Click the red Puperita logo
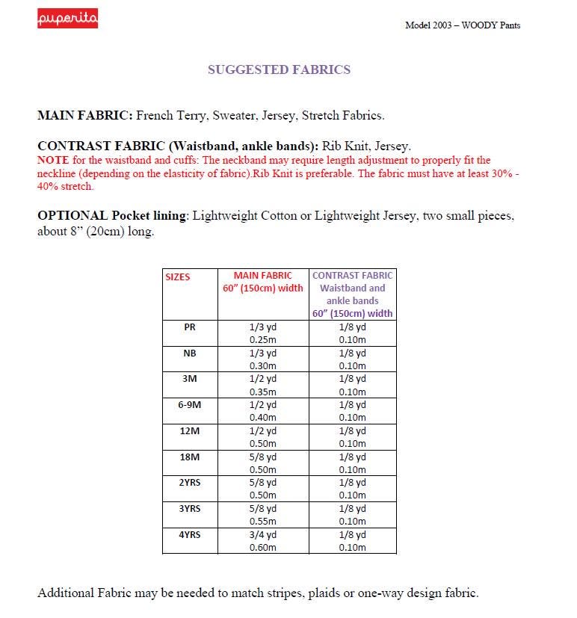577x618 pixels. click(68, 19)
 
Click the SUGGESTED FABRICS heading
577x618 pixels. click(279, 69)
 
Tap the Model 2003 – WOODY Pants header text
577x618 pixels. click(463, 25)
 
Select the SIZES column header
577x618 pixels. click(178, 276)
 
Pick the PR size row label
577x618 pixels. click(190, 327)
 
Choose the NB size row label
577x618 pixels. click(190, 353)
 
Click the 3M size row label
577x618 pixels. click(190, 379)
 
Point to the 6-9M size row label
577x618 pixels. click(190, 404)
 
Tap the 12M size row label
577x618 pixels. click(190, 430)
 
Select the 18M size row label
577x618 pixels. click(190, 457)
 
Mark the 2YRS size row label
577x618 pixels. click(190, 482)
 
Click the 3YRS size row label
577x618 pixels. click(190, 508)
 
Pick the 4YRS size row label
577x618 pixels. click(190, 534)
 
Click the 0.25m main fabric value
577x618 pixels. click(263, 340)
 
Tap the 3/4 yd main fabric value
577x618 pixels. click(263, 534)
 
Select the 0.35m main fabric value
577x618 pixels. click(263, 392)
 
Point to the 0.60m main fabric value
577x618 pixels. click(263, 547)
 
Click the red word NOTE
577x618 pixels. click(53, 160)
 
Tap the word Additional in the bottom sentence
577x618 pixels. click(65, 593)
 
